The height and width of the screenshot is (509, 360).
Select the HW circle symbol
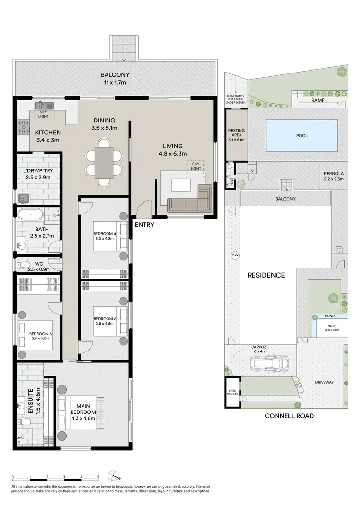235,254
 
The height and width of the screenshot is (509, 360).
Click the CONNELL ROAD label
289,416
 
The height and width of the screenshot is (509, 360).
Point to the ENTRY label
144,224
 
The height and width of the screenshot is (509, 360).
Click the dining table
104,162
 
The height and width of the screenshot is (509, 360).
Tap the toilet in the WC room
23,264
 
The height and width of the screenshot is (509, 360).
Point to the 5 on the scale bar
98,477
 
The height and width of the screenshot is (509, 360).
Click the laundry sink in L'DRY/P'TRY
23,198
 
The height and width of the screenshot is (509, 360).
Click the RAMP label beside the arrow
317,100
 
